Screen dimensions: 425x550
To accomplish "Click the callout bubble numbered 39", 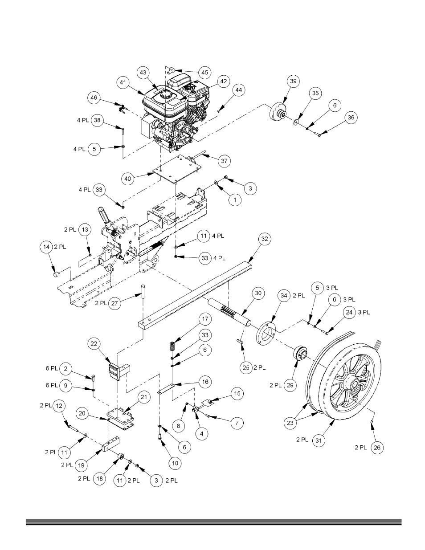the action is coord(293,81).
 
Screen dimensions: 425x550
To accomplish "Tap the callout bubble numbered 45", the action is coord(205,73).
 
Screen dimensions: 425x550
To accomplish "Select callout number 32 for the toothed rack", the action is coord(265,239).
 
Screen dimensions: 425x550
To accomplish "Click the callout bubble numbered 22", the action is coord(94,344).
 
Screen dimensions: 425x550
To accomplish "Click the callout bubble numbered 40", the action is coord(128,179).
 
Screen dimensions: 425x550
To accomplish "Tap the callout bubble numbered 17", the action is coord(205,319).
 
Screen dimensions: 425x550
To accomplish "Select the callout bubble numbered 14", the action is coord(46,247).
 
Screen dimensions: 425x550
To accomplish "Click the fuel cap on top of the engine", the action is coord(165,95).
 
